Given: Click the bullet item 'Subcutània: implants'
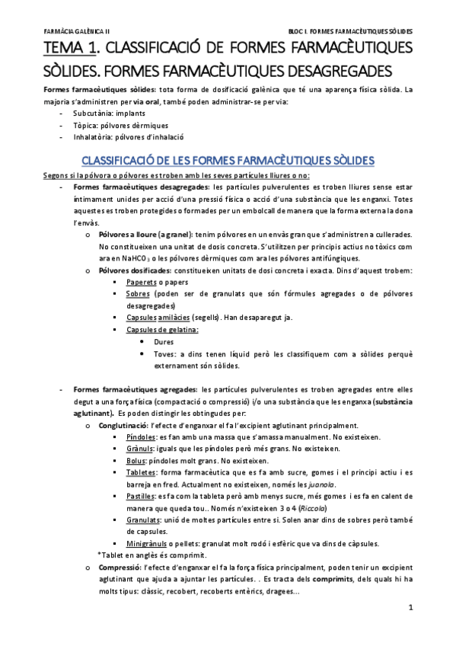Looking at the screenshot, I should pyautogui.click(x=104, y=113).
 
